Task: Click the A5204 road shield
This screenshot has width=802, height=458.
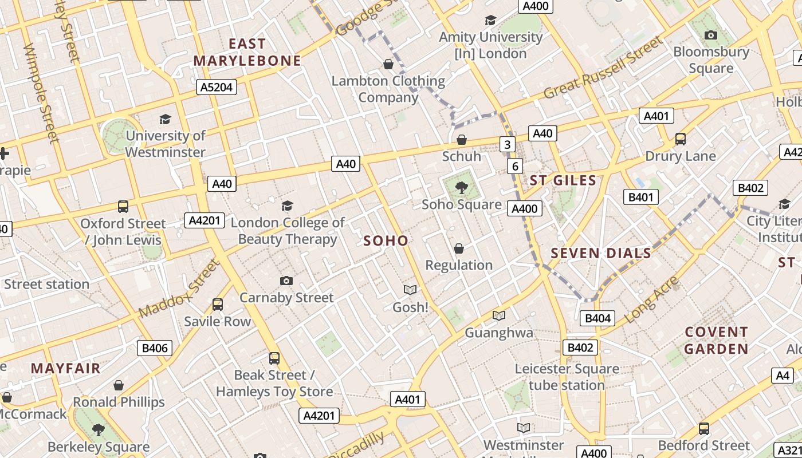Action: tap(217, 87)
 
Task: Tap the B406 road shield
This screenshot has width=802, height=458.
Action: tap(155, 348)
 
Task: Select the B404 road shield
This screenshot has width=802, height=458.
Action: tap(597, 318)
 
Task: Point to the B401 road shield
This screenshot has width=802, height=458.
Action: tap(640, 197)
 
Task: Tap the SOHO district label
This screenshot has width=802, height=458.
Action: tap(386, 241)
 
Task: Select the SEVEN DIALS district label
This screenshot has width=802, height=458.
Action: tap(601, 253)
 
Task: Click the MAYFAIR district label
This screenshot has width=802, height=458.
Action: tap(66, 368)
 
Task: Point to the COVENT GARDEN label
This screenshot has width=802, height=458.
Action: tap(716, 341)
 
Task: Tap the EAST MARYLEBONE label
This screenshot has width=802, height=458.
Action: tap(247, 52)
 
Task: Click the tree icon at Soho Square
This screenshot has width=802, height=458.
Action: tap(461, 187)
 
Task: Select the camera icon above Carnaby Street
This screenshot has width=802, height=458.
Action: tap(286, 281)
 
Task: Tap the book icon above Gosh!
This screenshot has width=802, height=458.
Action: tap(410, 290)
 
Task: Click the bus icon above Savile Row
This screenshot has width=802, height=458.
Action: tap(217, 304)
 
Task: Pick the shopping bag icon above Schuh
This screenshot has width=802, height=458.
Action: tap(462, 140)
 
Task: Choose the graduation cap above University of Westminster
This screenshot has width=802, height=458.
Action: tap(165, 119)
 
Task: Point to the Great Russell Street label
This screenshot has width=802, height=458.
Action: tap(603, 68)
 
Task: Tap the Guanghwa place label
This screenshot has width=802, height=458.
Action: tap(498, 333)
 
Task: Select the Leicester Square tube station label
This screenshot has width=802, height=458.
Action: tap(567, 377)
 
